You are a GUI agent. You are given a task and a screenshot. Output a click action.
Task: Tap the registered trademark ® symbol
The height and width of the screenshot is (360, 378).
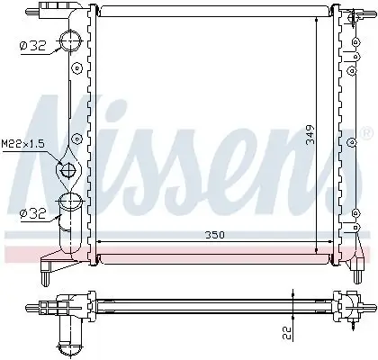click(x=365, y=132)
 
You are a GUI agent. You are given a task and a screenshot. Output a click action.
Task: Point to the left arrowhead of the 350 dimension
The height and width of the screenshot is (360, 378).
click(x=100, y=242)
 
